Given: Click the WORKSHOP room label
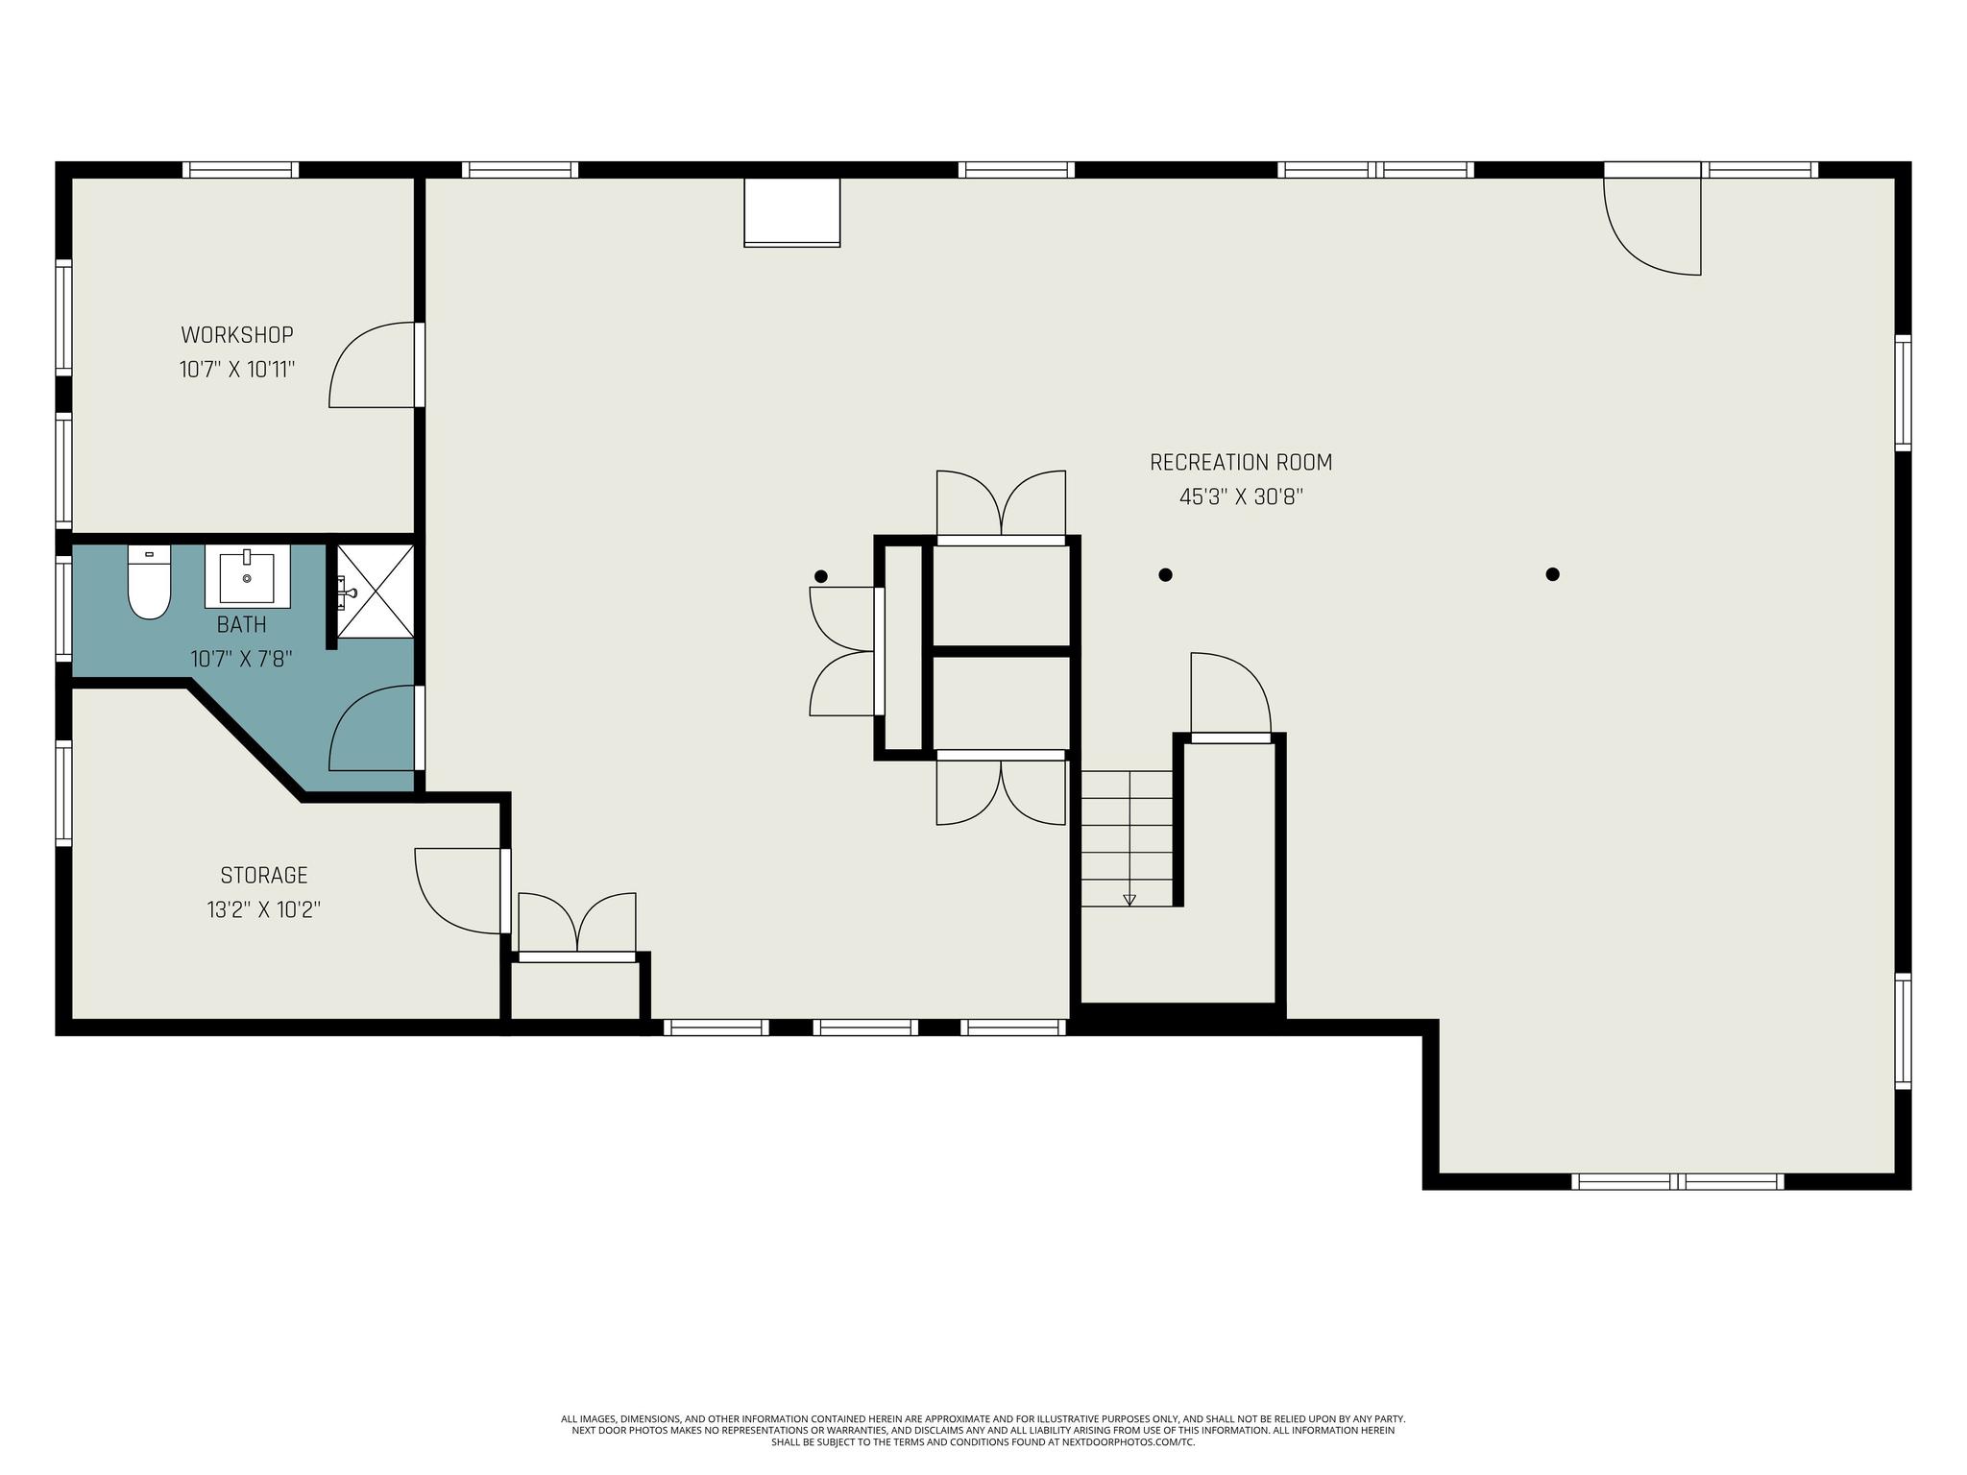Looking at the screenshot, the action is click(237, 335).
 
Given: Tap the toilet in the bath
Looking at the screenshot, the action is click(149, 582).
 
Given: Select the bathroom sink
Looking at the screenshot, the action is click(248, 576).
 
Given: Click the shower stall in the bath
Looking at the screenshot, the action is click(376, 591).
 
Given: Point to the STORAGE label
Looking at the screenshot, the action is click(264, 876).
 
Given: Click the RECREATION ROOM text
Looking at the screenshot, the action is click(1241, 463).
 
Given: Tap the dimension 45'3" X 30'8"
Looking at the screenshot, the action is click(1241, 497).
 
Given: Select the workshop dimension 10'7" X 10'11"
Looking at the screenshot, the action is click(237, 370).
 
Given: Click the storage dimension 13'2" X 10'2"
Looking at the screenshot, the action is click(264, 910).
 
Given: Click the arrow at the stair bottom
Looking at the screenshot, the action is click(1129, 900).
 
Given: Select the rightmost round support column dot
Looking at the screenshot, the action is click(1552, 574).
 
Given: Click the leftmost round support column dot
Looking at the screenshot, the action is click(820, 576).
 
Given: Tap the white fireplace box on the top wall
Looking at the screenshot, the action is click(792, 212).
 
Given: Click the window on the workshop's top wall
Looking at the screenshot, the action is click(241, 170).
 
